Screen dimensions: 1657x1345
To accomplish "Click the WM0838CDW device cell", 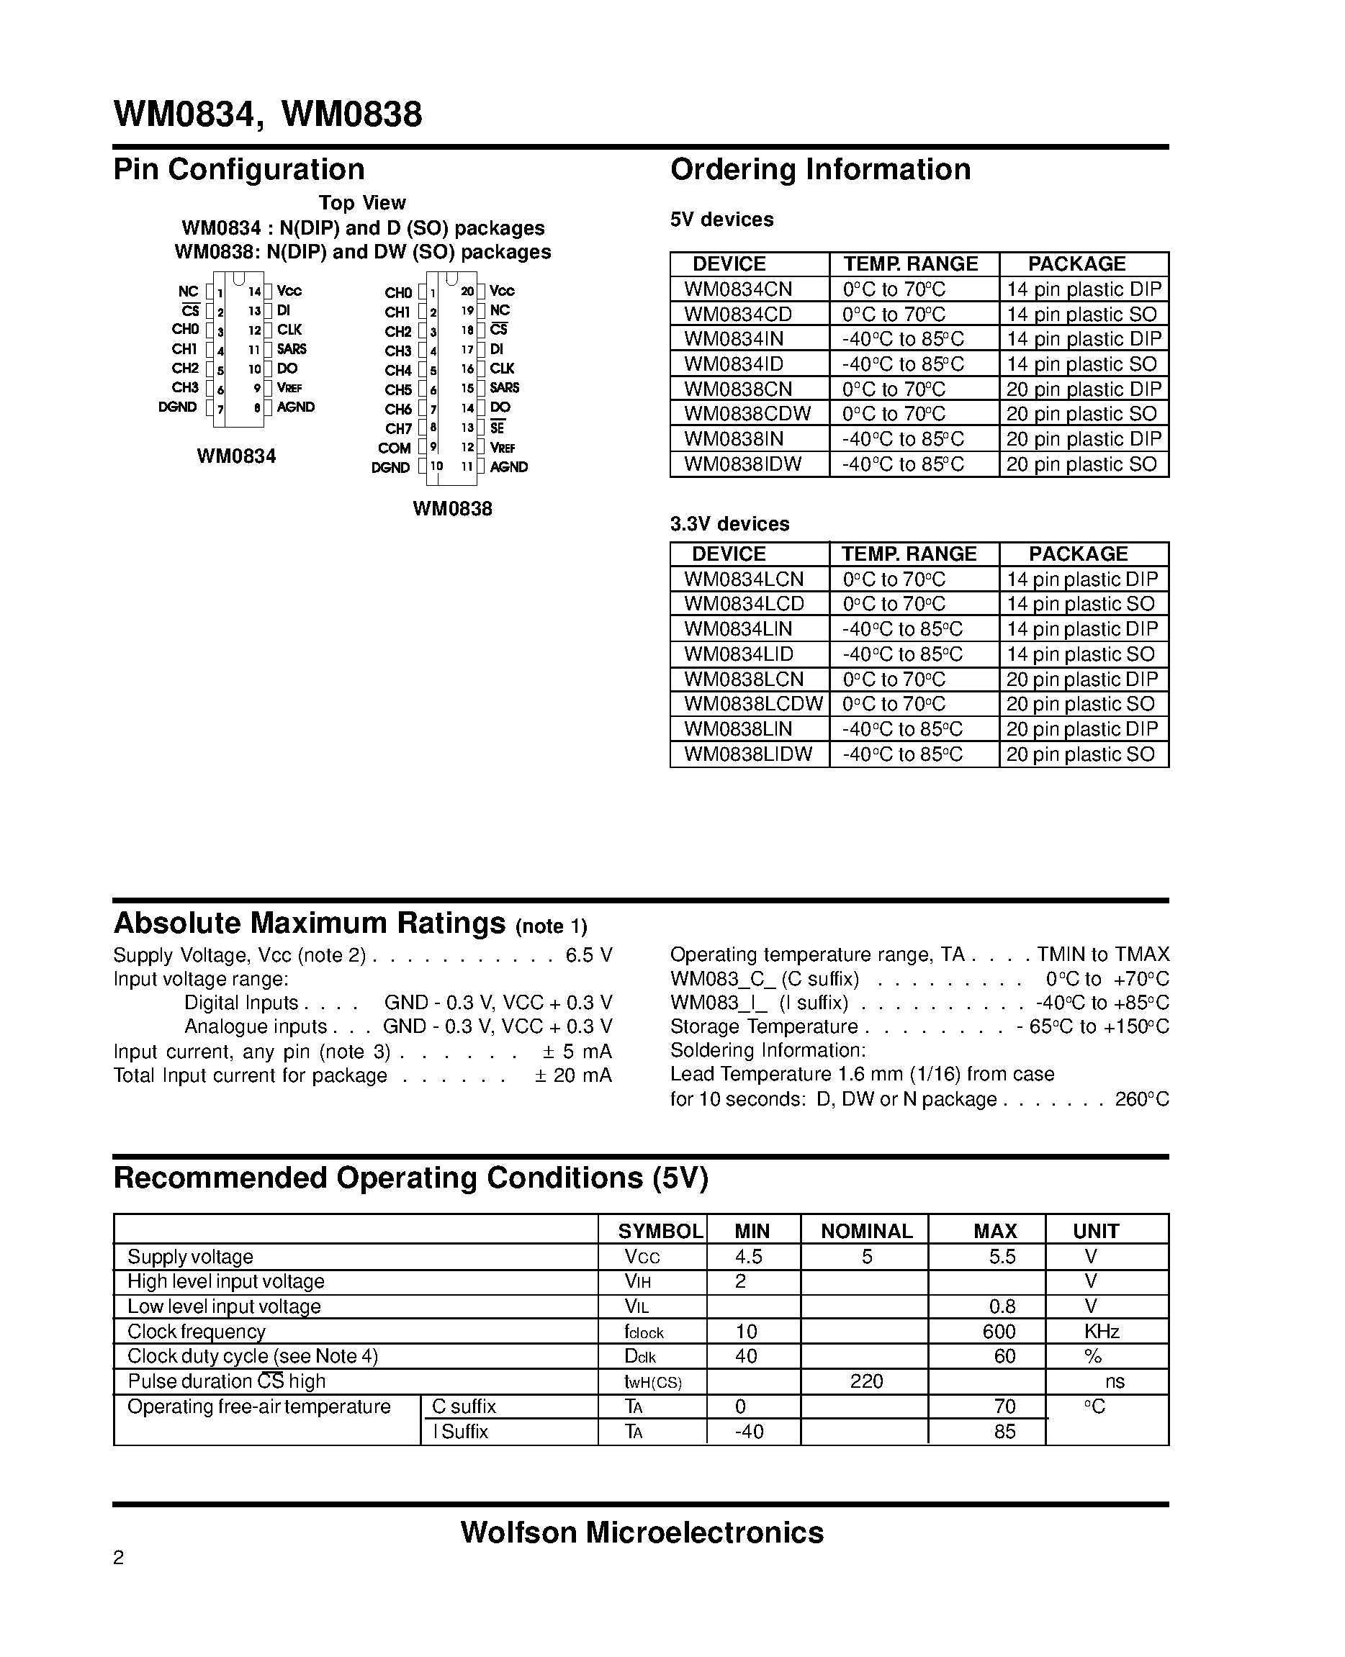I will tap(747, 414).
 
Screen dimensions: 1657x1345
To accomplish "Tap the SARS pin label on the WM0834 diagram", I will tap(292, 349).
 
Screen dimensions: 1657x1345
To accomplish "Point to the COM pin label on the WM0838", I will tap(395, 448).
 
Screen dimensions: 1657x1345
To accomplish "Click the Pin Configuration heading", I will tap(238, 170).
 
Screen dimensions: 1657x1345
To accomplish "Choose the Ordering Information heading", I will tap(819, 170).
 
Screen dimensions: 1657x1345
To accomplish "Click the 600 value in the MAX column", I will tap(999, 1332).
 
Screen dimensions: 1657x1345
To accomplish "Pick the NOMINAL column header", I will tap(866, 1231).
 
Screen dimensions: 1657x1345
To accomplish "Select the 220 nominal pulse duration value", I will tap(866, 1381).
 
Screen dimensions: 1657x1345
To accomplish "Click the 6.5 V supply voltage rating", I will tap(589, 955).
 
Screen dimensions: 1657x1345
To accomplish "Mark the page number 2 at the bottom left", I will tap(119, 1557).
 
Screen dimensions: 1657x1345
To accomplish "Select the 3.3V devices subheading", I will tap(729, 525).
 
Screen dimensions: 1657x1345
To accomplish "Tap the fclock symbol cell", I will tap(644, 1332).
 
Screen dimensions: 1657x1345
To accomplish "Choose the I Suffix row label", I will tap(461, 1432).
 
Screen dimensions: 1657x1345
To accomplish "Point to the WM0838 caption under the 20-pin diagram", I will tap(452, 509).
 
